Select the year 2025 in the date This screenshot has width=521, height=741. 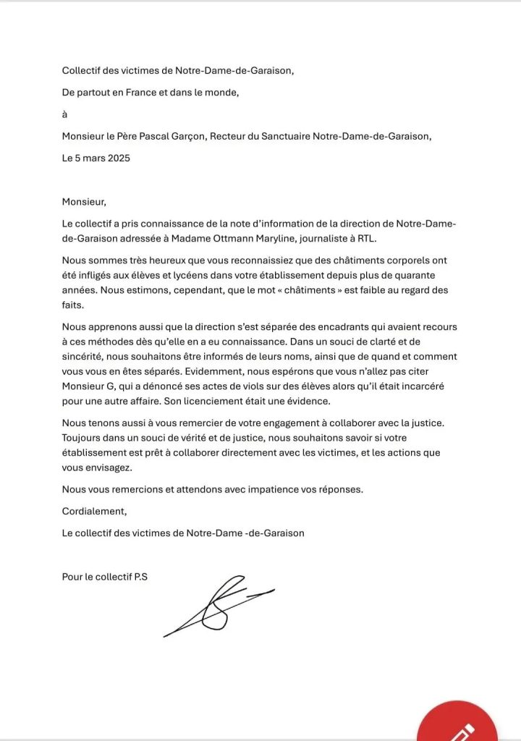click(x=117, y=158)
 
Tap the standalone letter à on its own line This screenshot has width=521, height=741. click(x=65, y=114)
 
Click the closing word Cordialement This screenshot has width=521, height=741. click(x=94, y=511)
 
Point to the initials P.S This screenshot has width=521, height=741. click(x=140, y=577)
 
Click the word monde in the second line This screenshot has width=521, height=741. click(x=221, y=92)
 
